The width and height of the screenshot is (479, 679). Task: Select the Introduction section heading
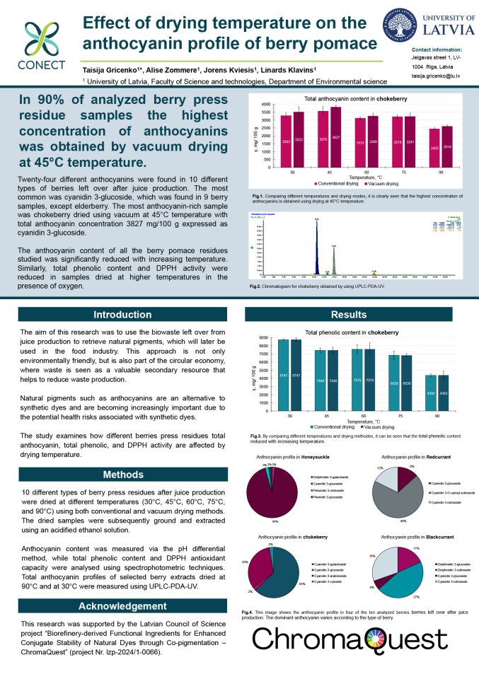[x=118, y=315]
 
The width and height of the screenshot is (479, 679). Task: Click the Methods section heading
[x=118, y=474]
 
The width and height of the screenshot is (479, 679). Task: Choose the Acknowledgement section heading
[x=118, y=606]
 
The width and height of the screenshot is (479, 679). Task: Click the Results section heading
[x=357, y=315]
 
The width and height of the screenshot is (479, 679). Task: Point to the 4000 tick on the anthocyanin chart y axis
[x=265, y=105]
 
